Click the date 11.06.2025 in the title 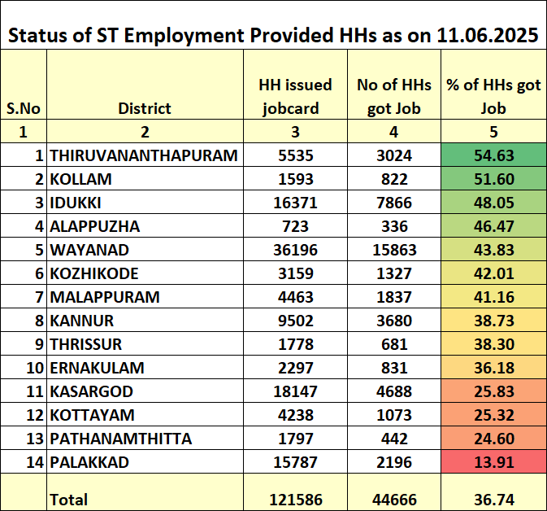pyautogui.click(x=488, y=35)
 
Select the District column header pyautogui.click(x=145, y=108)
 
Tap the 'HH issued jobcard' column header pyautogui.click(x=295, y=96)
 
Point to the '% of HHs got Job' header pyautogui.click(x=493, y=96)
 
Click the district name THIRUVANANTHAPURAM pyautogui.click(x=144, y=155)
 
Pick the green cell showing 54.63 pyautogui.click(x=493, y=155)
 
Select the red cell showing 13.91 pyautogui.click(x=493, y=461)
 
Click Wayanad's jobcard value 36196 pyautogui.click(x=296, y=250)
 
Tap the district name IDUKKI pyautogui.click(x=76, y=203)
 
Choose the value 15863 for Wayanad pyautogui.click(x=394, y=250)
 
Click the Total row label pyautogui.click(x=69, y=500)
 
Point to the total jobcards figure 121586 pyautogui.click(x=296, y=500)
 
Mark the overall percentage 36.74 pyautogui.click(x=493, y=500)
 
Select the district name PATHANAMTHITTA pyautogui.click(x=121, y=439)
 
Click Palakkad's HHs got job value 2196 pyautogui.click(x=394, y=462)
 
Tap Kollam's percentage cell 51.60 pyautogui.click(x=493, y=179)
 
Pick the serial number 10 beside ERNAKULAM pyautogui.click(x=35, y=368)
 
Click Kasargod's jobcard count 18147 pyautogui.click(x=296, y=391)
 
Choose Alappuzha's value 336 pyautogui.click(x=394, y=226)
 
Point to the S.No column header pyautogui.click(x=24, y=108)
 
